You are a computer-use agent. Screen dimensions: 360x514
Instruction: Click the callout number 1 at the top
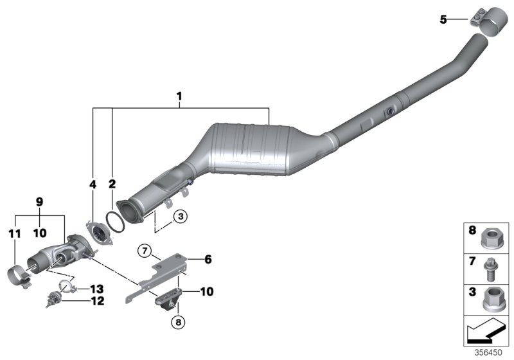180,97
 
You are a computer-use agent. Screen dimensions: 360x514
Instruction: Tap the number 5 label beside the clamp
443,20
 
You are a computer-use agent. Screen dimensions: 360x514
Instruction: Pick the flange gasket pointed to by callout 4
99,233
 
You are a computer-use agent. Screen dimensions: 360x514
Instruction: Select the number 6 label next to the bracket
208,260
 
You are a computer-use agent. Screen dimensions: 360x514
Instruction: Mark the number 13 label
98,288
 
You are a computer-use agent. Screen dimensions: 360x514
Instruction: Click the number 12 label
98,300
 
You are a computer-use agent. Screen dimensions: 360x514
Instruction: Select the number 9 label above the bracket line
39,201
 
